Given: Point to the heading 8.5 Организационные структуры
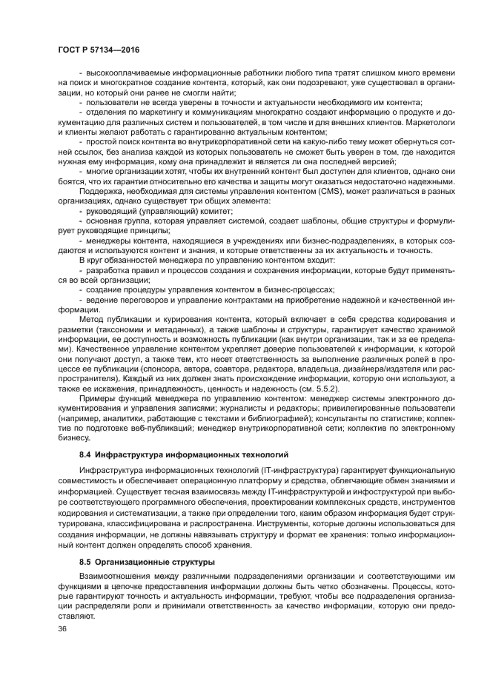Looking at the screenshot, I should click(x=147, y=562).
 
